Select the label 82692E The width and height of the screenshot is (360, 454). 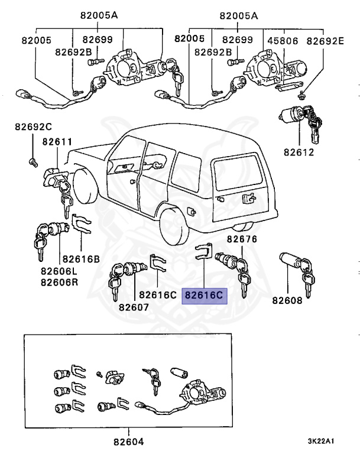[x=325, y=40]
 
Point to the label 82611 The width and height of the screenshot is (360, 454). [x=57, y=142]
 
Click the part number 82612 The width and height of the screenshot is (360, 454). [x=299, y=152]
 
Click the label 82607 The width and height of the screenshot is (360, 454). [x=134, y=307]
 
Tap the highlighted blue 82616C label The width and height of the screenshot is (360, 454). [x=205, y=295]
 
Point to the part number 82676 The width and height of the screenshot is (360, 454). [x=242, y=239]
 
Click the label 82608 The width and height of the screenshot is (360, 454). [x=287, y=300]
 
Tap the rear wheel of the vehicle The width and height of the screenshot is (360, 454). [x=176, y=223]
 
